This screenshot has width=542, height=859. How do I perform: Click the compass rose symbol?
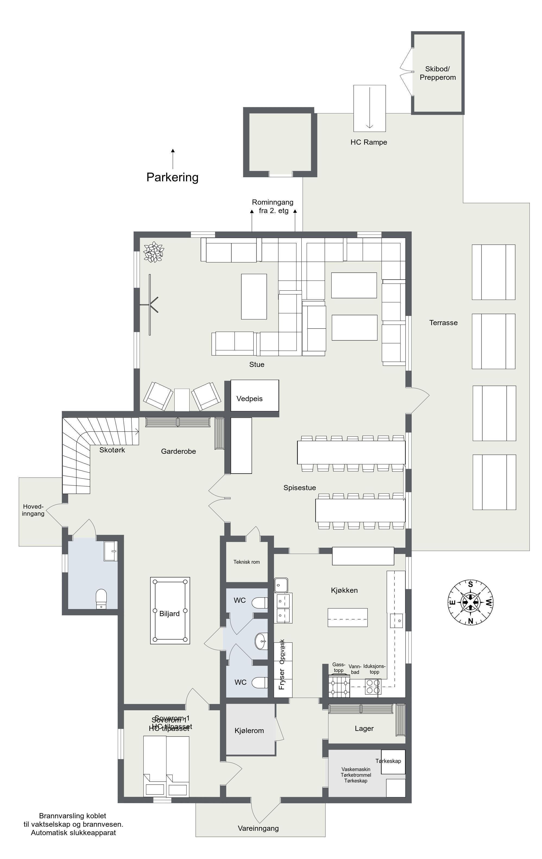470,603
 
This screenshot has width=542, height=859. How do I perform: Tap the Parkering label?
172,177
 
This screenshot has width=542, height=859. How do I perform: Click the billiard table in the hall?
170,610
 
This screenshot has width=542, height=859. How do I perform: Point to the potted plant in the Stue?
154,252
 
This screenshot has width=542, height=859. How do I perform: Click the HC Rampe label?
368,142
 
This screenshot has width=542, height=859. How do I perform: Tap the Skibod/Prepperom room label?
437,73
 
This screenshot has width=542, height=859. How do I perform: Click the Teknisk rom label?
247,562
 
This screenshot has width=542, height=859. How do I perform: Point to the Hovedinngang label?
33,510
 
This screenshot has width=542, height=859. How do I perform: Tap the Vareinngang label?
258,828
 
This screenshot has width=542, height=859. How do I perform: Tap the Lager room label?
364,728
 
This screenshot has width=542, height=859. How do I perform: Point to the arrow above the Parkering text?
173,159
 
